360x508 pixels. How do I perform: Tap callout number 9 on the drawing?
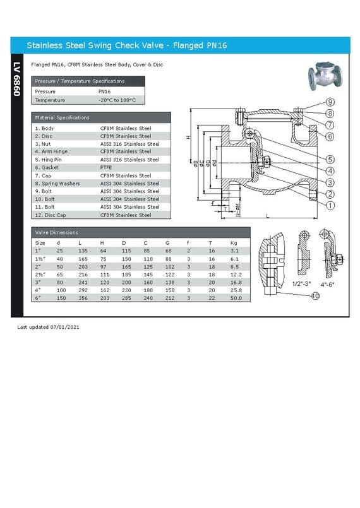click(330, 102)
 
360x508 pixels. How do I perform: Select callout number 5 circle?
click(330, 159)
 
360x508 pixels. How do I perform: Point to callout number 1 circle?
click(330, 205)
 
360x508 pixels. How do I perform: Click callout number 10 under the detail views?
click(315, 296)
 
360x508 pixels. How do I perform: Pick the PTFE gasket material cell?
click(107, 168)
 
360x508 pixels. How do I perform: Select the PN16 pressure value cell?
click(105, 92)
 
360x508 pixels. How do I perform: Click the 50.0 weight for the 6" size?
click(236, 297)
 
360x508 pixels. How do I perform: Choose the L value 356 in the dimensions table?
click(83, 297)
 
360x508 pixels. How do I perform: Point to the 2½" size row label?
click(40, 274)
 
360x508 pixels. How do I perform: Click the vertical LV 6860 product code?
click(17, 79)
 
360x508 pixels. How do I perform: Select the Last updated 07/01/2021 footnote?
click(48, 328)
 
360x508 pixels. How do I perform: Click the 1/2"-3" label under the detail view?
click(301, 284)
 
